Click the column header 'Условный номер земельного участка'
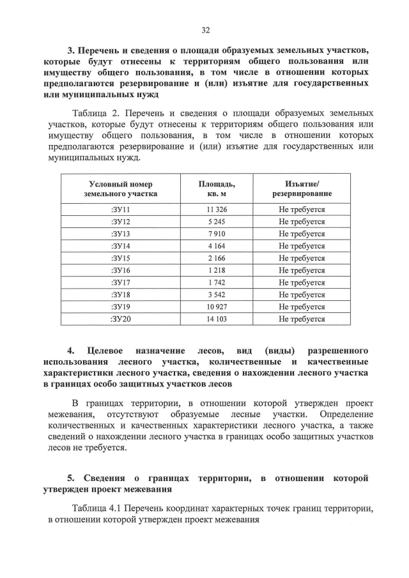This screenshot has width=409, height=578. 121,188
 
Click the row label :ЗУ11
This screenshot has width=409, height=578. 121,209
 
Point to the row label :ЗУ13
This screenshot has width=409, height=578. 121,234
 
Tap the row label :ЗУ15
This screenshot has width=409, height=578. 121,258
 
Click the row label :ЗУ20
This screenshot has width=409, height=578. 121,319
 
